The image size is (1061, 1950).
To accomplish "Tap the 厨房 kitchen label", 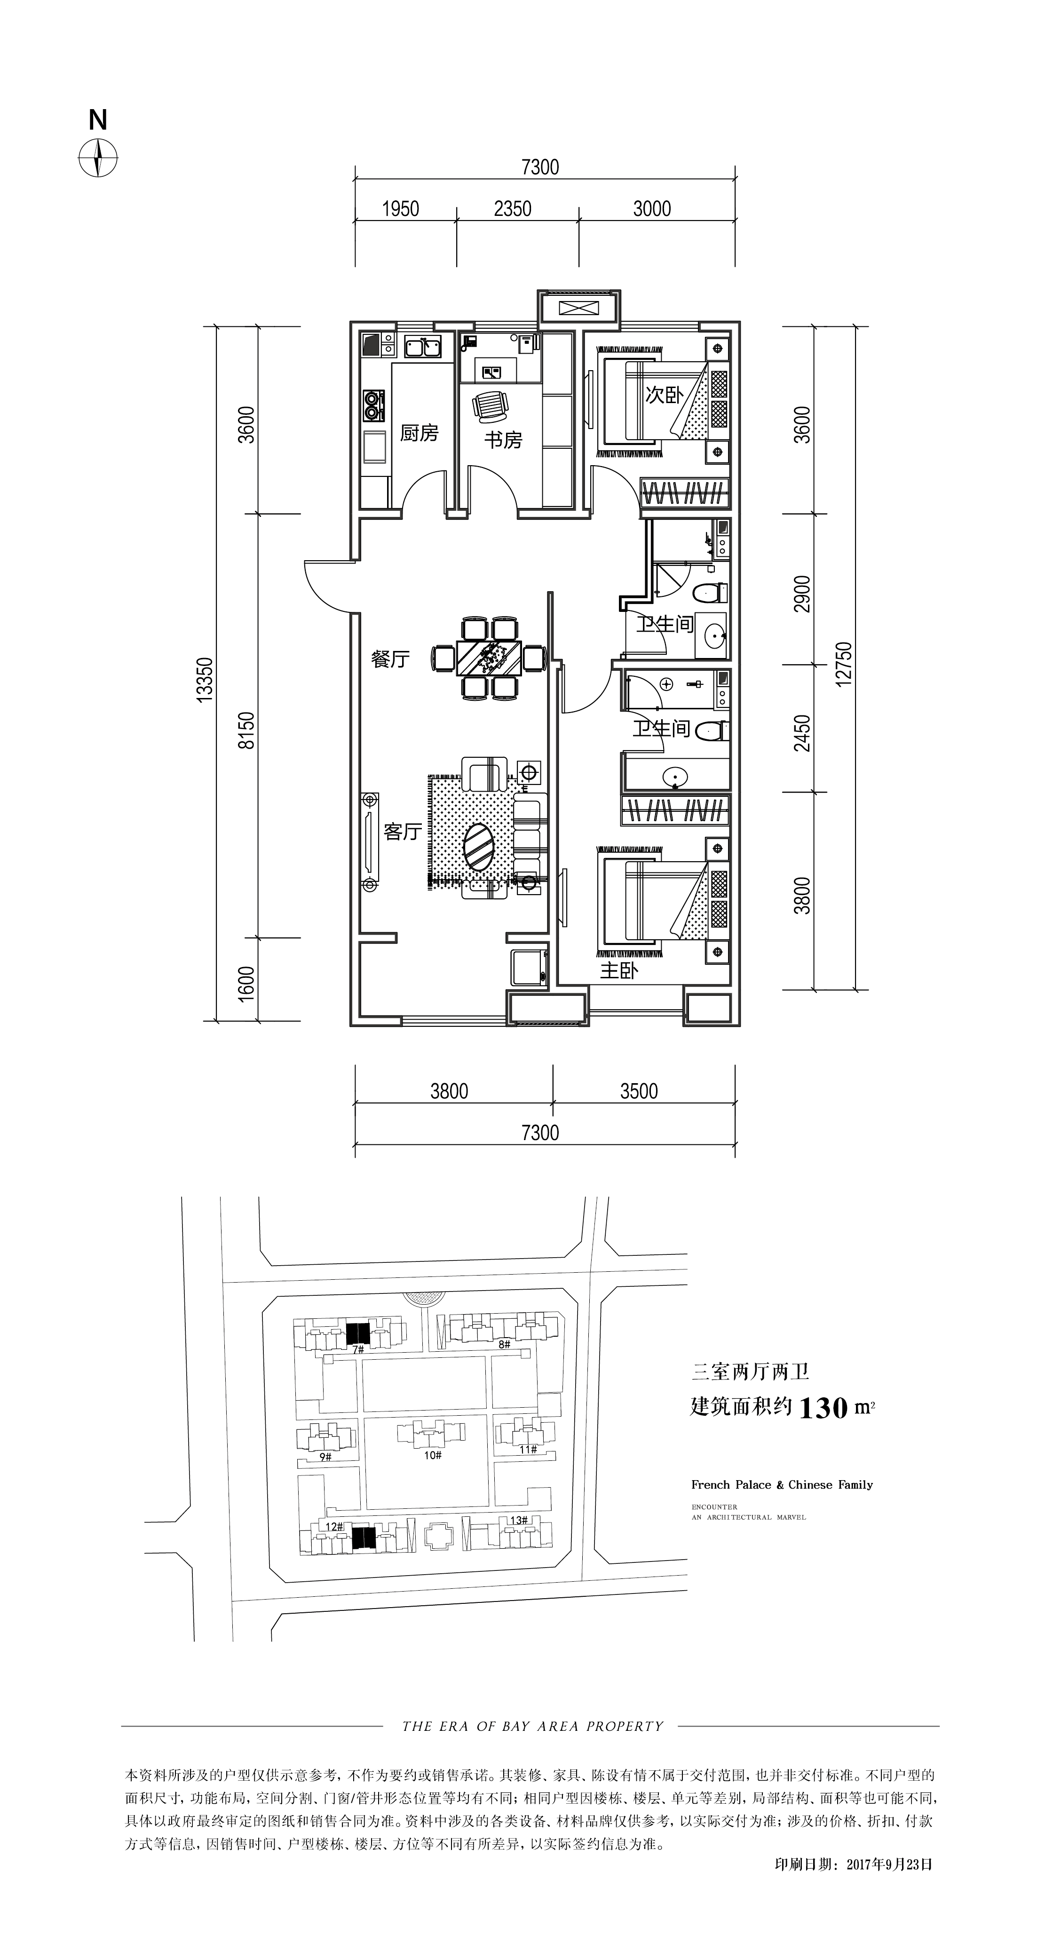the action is tap(419, 433).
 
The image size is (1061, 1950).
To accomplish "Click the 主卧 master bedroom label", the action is tap(619, 970).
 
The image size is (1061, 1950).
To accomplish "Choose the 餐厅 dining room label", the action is tap(390, 658).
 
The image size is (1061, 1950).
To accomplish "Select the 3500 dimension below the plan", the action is tap(639, 1091).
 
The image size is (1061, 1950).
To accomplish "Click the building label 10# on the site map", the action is tap(432, 1455).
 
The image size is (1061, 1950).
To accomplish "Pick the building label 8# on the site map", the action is tap(505, 1344).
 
